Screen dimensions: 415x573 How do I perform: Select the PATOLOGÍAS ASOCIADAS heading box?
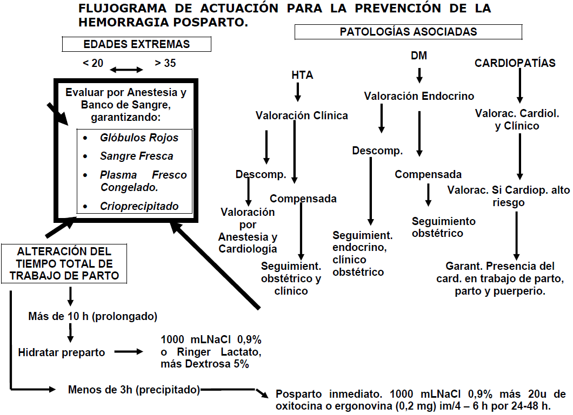click(x=408, y=32)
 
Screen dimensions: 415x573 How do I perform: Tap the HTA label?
click(x=302, y=76)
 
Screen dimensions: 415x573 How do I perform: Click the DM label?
click(x=418, y=56)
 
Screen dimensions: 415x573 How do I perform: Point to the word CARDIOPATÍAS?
click(x=515, y=63)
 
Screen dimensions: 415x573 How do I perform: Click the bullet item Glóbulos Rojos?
click(x=139, y=138)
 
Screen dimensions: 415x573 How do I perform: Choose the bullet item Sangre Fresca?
click(x=136, y=156)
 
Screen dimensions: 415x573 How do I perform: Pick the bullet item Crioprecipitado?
click(x=139, y=206)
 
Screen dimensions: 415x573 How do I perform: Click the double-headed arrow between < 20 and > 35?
click(x=127, y=70)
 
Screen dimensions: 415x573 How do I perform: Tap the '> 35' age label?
click(x=165, y=63)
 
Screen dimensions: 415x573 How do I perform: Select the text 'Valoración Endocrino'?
click(x=419, y=96)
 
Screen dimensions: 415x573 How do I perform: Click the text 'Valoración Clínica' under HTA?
click(x=302, y=115)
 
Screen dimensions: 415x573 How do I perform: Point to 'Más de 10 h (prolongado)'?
click(x=92, y=316)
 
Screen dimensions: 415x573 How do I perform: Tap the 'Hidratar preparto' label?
click(x=62, y=352)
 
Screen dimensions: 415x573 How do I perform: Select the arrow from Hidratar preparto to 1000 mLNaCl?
click(x=129, y=352)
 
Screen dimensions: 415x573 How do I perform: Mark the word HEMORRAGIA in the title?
click(x=130, y=23)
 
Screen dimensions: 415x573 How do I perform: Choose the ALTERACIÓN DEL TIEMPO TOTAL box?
click(x=64, y=264)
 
